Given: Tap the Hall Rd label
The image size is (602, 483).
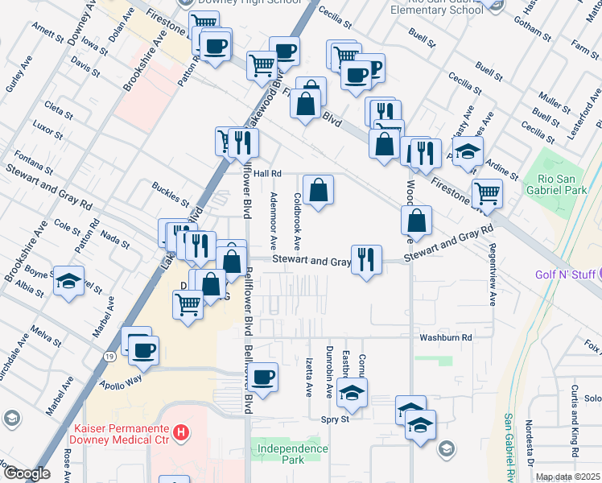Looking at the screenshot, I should (x=266, y=173).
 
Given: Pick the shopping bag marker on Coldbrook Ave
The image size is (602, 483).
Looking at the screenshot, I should (x=319, y=190).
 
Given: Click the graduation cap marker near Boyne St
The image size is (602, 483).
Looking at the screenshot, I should (x=68, y=281).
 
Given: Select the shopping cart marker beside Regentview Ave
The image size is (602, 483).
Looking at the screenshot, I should (x=486, y=193).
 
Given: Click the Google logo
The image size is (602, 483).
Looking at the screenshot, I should (x=27, y=473).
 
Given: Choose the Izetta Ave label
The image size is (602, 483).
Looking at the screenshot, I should (x=309, y=378).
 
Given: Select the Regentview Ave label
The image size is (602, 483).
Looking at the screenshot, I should (x=491, y=270).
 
